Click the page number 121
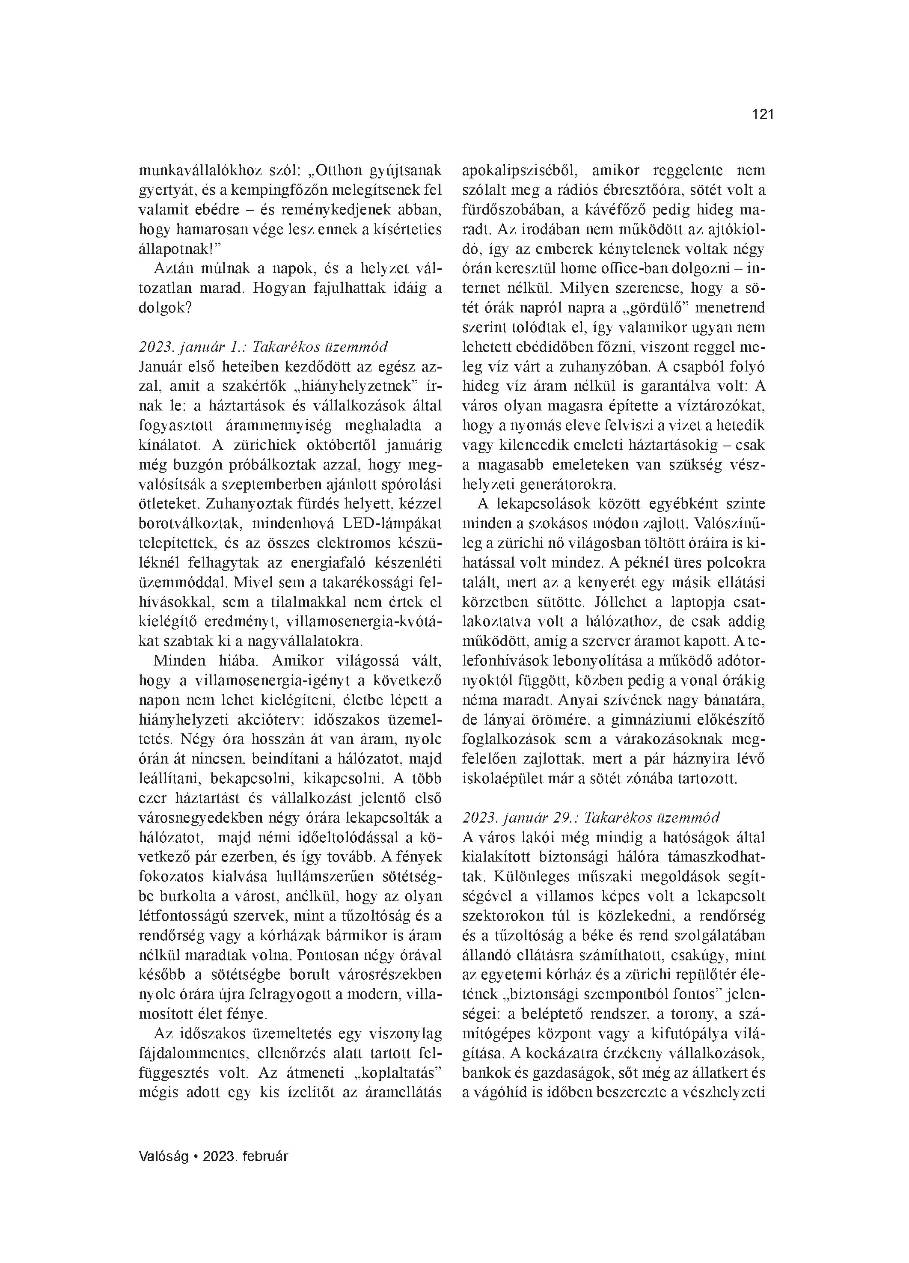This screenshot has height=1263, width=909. tap(763, 115)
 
